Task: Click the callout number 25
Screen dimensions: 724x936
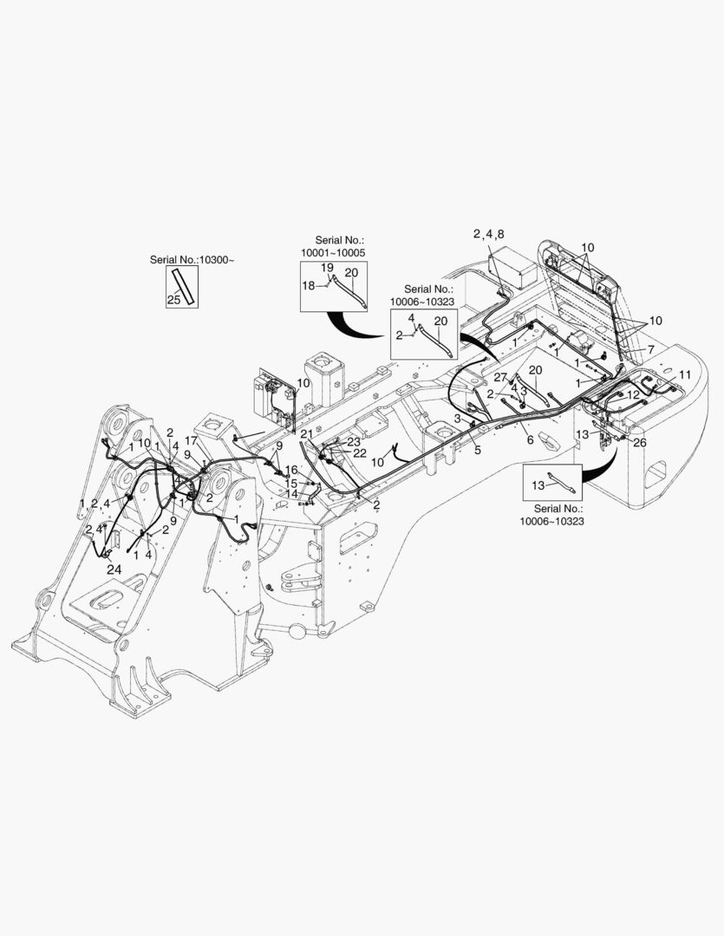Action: point(173,300)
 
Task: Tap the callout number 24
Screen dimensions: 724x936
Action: point(114,569)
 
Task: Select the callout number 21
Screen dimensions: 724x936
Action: point(306,433)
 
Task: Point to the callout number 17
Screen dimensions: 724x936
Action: point(191,440)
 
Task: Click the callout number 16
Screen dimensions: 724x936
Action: point(291,471)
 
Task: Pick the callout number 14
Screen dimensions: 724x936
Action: point(292,494)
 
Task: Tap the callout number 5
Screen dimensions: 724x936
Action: point(477,450)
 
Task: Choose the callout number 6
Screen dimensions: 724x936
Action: point(530,440)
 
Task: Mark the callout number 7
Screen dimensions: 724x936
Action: point(650,349)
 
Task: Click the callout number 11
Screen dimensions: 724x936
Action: point(685,375)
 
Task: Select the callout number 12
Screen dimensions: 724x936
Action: point(633,395)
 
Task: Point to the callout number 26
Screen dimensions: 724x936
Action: point(640,442)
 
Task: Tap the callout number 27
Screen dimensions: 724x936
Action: point(500,377)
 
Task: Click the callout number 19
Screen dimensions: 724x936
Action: point(328,268)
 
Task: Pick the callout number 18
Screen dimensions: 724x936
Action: point(308,286)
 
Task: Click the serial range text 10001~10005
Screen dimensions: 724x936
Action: point(333,252)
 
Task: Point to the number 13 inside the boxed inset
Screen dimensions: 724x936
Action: point(538,485)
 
